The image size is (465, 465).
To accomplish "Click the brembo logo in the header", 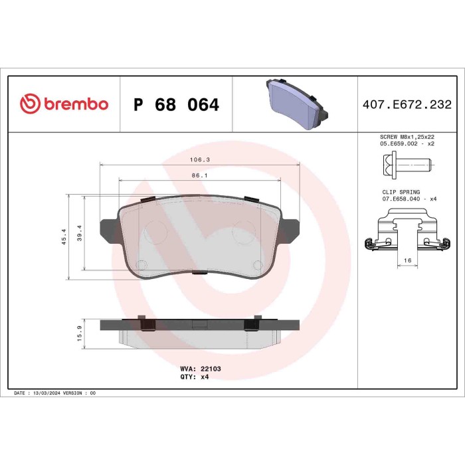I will coord(64,104).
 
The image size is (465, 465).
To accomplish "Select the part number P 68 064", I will coord(176,105).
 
